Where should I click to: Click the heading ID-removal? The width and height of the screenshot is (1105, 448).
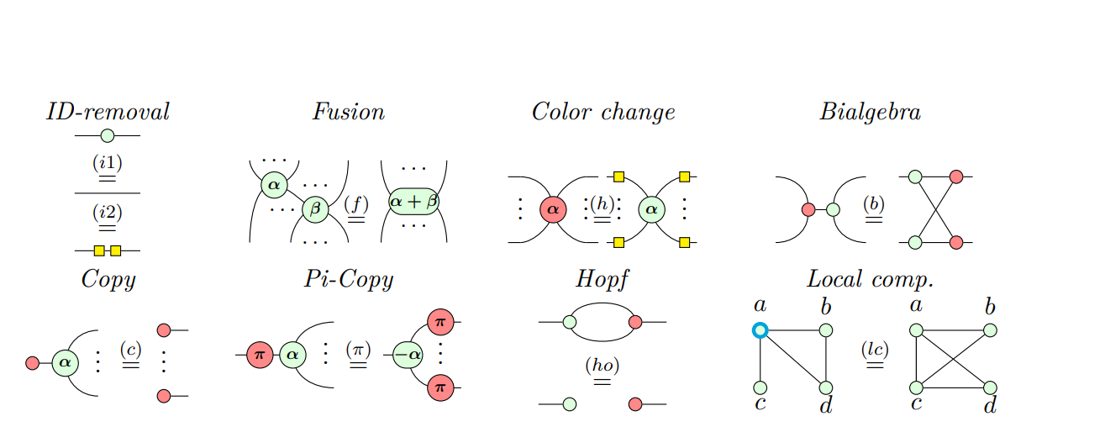tap(108, 112)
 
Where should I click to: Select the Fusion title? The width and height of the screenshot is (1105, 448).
tap(348, 112)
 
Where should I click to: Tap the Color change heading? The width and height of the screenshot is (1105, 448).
tap(602, 112)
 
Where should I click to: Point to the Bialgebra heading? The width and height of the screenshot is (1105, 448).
tap(870, 112)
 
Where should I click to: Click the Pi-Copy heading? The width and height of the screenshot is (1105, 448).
tap(348, 279)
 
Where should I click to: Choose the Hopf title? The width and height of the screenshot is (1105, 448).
tap(602, 279)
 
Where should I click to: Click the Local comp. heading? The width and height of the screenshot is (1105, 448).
tap(870, 279)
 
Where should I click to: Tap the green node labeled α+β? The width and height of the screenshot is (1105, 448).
tap(413, 202)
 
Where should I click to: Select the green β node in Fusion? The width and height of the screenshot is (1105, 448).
tap(315, 208)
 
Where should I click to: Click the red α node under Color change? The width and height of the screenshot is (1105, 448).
tap(552, 209)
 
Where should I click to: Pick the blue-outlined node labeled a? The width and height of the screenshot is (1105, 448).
tap(760, 330)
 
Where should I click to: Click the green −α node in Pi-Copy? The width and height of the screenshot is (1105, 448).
tap(408, 355)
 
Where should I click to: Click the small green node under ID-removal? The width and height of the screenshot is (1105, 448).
tap(107, 135)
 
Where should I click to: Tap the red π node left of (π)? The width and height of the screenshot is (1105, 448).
tap(260, 355)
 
